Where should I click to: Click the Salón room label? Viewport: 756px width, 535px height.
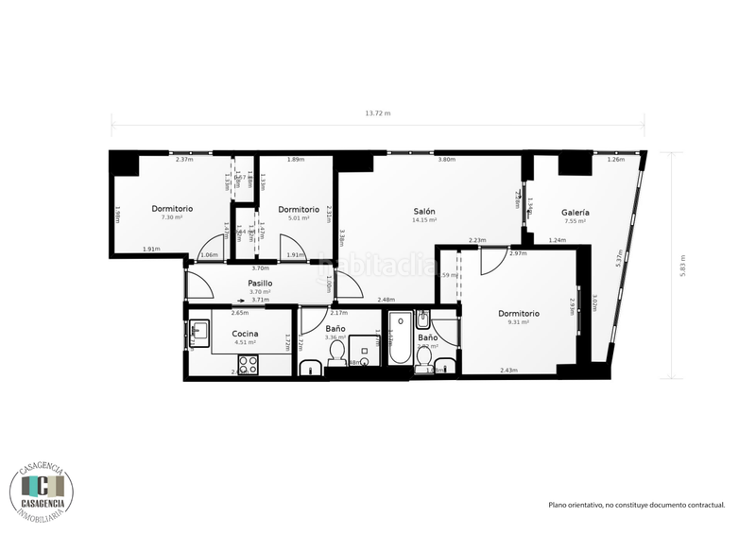(x=423, y=211)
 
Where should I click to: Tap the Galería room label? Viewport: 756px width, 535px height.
(x=575, y=213)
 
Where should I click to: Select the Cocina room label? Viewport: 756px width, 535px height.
(x=245, y=335)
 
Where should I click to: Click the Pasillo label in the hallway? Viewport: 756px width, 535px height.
(x=260, y=283)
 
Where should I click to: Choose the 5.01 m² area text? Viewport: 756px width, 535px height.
(x=298, y=217)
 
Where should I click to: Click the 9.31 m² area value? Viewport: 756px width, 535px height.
(x=517, y=322)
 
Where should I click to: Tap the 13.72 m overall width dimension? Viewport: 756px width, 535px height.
(x=378, y=113)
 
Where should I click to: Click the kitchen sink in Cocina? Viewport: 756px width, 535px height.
(x=198, y=330)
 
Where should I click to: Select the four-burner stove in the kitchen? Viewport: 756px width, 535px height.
(x=249, y=362)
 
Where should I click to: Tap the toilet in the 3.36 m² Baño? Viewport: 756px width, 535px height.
(x=336, y=354)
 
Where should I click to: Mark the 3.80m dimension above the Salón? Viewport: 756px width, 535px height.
(x=446, y=160)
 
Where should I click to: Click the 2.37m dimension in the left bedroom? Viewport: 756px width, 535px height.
(x=184, y=160)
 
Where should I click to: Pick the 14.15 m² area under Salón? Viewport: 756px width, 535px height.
(x=423, y=220)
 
